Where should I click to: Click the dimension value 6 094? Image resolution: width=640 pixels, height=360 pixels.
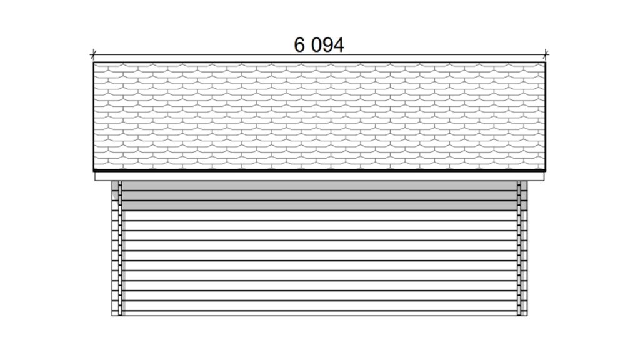click(319, 45)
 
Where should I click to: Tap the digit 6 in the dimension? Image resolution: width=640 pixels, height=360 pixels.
click(299, 45)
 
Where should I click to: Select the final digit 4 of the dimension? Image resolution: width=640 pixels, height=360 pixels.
click(339, 45)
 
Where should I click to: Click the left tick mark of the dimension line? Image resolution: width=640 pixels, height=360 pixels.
click(94, 54)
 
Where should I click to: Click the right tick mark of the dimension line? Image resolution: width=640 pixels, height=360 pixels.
click(546, 54)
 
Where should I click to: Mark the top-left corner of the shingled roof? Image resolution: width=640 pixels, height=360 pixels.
click(94, 62)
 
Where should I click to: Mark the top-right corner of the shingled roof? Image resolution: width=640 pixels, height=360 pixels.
click(546, 62)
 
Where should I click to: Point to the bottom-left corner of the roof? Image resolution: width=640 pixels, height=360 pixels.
click(94, 171)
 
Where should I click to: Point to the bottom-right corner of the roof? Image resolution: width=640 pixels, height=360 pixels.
click(546, 171)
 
